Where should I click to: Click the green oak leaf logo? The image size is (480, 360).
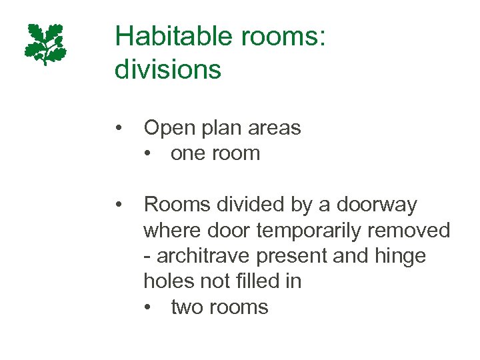pyautogui.click(x=45, y=44)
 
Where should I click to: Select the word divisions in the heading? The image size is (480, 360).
pyautogui.click(x=167, y=69)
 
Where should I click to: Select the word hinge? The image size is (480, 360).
pyautogui.click(x=398, y=257)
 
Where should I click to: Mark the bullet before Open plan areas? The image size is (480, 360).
pyautogui.click(x=118, y=127)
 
